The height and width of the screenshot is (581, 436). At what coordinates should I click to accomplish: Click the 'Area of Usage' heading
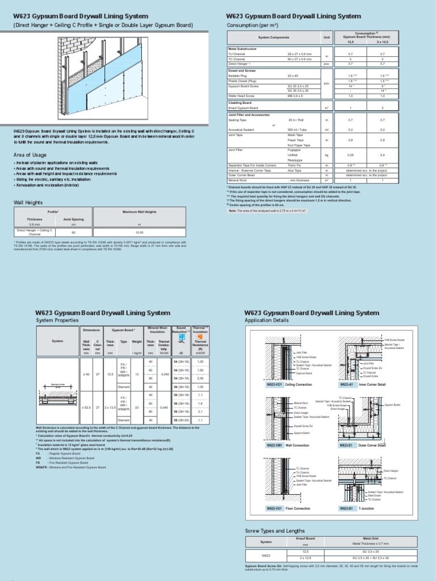tap(31, 154)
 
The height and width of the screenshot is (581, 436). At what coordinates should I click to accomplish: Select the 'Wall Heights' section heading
tap(28, 201)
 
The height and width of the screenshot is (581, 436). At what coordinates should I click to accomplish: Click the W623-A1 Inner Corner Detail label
tap(363, 385)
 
